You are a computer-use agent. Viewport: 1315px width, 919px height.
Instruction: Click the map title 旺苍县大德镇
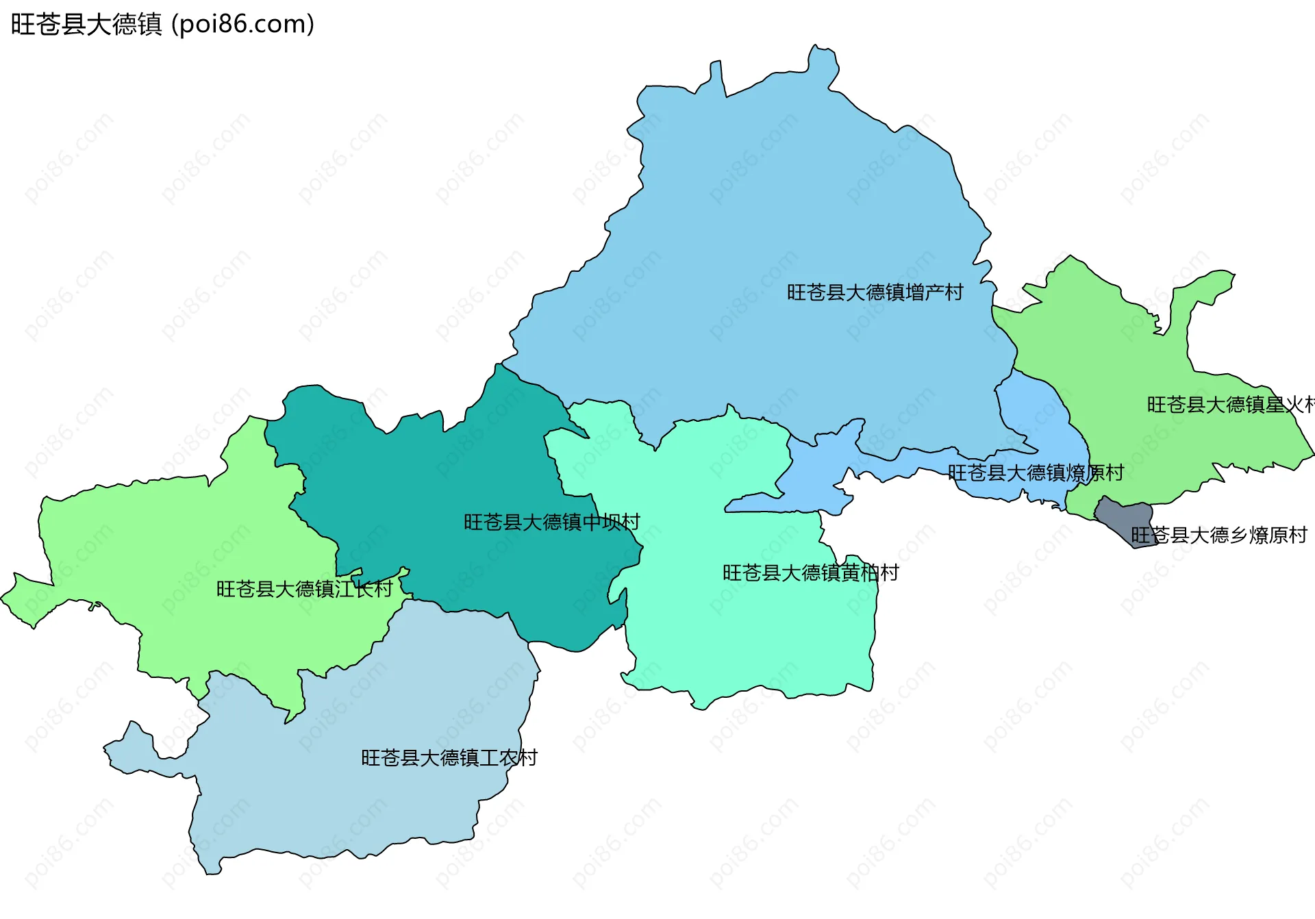[86, 25]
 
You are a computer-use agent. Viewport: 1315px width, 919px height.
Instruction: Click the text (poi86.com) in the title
[242, 25]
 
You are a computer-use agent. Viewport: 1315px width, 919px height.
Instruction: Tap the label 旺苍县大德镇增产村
[875, 292]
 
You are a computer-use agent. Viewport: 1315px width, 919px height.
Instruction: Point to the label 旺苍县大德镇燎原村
[1036, 473]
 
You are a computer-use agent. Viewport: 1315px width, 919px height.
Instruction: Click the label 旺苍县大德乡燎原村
[1219, 535]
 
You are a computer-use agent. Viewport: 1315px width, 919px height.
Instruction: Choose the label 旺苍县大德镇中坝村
[551, 523]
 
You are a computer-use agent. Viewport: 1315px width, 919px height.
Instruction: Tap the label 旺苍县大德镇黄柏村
[810, 572]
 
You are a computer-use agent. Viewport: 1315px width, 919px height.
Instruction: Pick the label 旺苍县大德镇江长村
[304, 589]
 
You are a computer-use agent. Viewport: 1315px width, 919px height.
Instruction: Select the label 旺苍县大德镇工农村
[449, 757]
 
